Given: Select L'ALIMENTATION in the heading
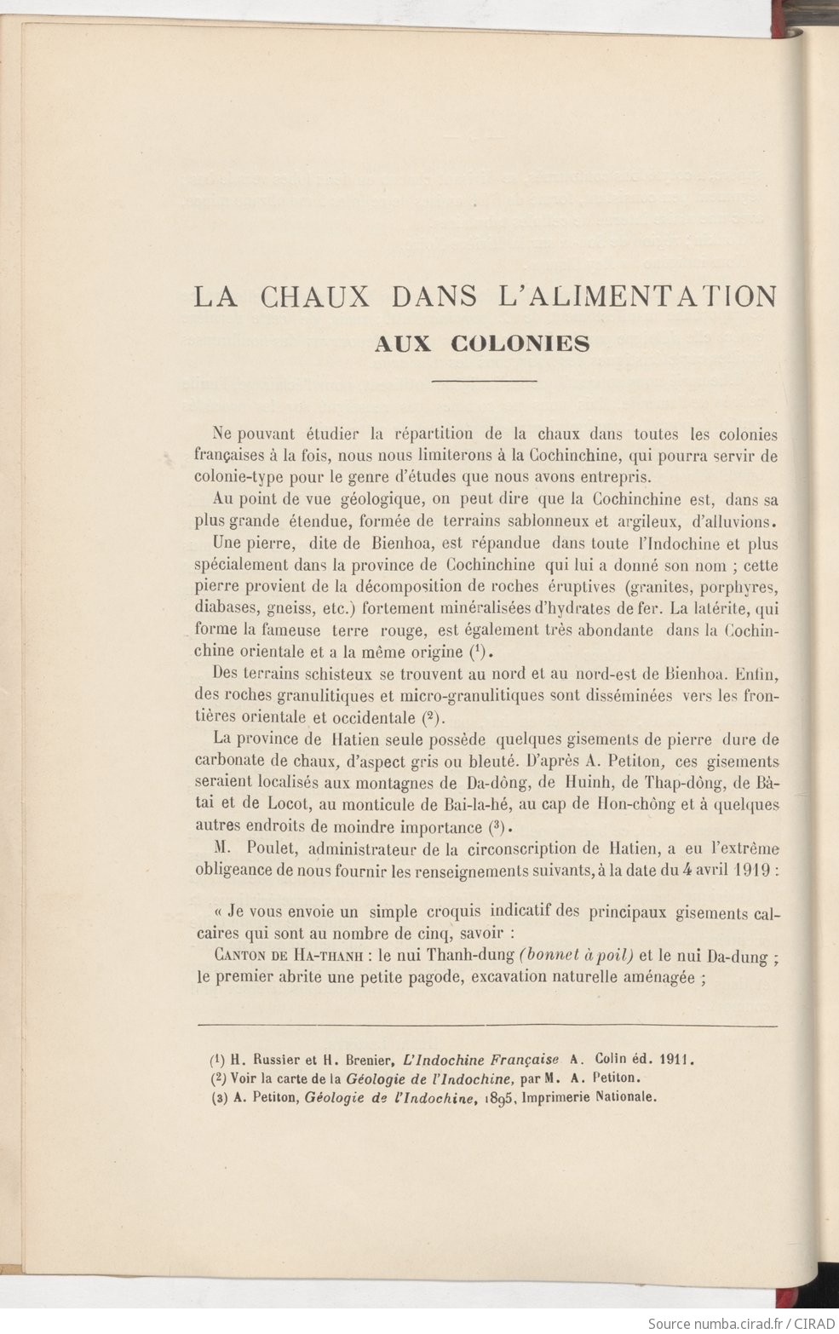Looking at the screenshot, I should pyautogui.click(x=635, y=296).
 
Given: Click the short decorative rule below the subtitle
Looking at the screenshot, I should pyautogui.click(x=485, y=381).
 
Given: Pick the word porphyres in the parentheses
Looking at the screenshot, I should pyautogui.click(x=739, y=587).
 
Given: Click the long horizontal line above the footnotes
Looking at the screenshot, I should pyautogui.click(x=487, y=1025).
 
